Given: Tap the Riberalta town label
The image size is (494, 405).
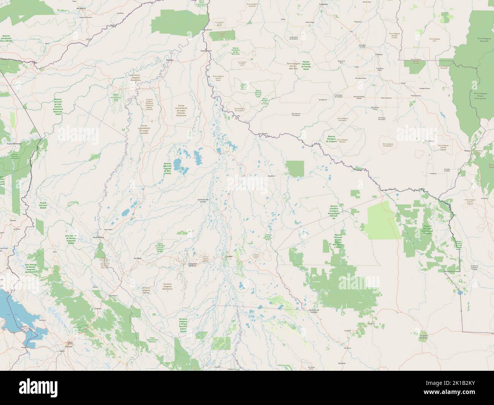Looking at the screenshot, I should click(170, 60).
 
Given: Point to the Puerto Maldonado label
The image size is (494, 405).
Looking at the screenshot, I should click(14, 144).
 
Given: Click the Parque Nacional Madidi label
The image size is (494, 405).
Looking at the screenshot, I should click(43, 205).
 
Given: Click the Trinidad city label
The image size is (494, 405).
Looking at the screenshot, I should click(229, 256).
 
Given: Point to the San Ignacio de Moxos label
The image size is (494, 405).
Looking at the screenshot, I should click(192, 264).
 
